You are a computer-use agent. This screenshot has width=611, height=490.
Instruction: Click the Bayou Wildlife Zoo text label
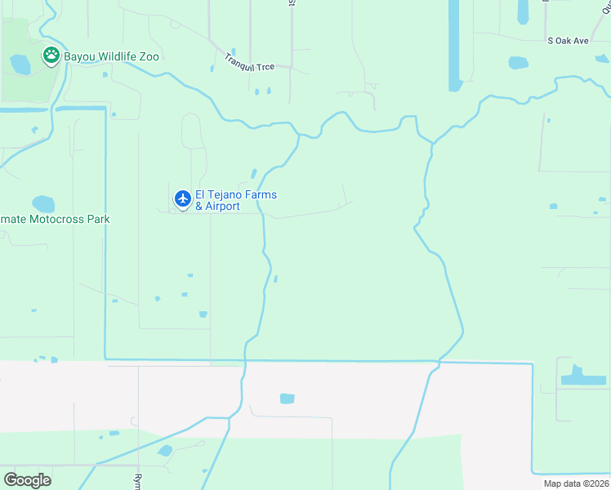(x=112, y=56)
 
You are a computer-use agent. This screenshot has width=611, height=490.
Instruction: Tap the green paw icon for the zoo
(x=51, y=56)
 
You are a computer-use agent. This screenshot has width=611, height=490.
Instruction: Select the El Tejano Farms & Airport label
(x=236, y=200)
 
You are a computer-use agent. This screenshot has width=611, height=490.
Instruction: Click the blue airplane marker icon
(x=182, y=198)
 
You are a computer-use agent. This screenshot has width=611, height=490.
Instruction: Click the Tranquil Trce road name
(x=252, y=62)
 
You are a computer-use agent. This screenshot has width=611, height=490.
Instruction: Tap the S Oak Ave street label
(x=568, y=40)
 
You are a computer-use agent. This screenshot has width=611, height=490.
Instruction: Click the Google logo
(x=27, y=480)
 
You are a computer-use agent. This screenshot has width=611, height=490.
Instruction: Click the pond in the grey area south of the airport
(x=287, y=399)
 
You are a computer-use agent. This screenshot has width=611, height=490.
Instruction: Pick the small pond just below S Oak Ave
(x=518, y=62)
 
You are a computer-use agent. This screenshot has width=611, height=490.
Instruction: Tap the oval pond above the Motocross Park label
(x=42, y=203)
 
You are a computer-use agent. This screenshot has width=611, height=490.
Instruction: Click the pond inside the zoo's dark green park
(x=20, y=64)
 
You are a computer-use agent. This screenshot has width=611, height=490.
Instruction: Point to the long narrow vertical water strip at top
(x=454, y=45)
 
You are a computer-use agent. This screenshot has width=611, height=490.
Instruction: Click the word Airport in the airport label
(x=222, y=207)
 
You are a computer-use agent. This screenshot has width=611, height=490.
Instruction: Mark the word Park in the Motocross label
(x=96, y=219)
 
